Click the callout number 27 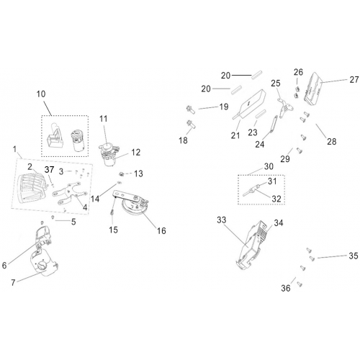click(354, 79)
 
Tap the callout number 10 click(41, 94)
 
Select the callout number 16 click(161, 230)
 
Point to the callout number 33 click(221, 220)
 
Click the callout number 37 click(50, 169)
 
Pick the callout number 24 click(259, 144)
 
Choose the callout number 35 click(354, 256)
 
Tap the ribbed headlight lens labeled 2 click(33, 187)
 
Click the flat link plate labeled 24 click(273, 125)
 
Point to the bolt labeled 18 click(191, 125)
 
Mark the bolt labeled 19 click(191, 109)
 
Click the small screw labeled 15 click(112, 213)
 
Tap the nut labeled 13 click(122, 174)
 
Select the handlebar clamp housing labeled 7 click(45, 264)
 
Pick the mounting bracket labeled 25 click(285, 107)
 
